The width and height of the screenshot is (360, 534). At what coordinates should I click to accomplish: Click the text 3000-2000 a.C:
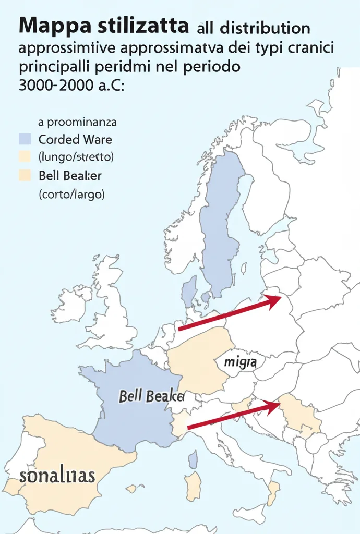point(71,86)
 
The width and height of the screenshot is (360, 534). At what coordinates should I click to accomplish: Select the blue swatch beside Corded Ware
point(25,139)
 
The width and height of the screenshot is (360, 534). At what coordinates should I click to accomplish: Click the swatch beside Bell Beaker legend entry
point(25,175)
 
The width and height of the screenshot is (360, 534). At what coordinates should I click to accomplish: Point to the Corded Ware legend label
point(75,140)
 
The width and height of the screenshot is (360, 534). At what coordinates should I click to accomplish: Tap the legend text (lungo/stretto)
point(76,156)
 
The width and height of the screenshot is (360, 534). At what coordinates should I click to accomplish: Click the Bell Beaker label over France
point(152,396)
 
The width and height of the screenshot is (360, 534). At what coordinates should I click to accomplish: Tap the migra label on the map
point(239,361)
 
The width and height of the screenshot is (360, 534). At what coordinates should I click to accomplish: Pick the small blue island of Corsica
point(193,460)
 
